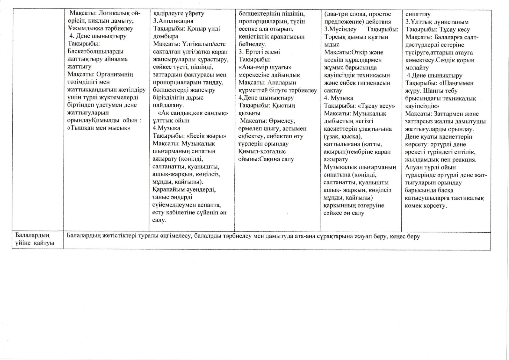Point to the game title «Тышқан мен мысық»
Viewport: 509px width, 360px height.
tap(99, 128)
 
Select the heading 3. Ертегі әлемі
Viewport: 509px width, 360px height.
tap(259, 52)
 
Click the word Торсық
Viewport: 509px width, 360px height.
tap(335, 37)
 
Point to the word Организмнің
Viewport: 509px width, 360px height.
tap(116, 74)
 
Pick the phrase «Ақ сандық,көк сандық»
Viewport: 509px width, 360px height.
tap(193, 113)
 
